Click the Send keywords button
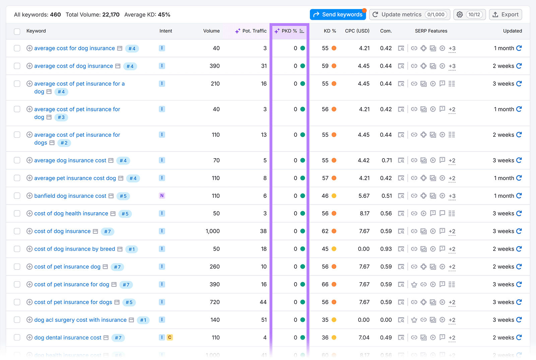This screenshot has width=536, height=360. pyautogui.click(x=338, y=14)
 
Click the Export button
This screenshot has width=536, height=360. pyautogui.click(x=506, y=14)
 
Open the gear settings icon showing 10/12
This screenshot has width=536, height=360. pyautogui.click(x=469, y=14)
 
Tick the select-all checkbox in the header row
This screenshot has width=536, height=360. pyautogui.click(x=17, y=31)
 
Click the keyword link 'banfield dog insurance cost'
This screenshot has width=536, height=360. pyautogui.click(x=70, y=196)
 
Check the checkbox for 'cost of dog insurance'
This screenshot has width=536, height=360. pyautogui.click(x=17, y=231)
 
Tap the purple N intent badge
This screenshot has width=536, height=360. pyautogui.click(x=162, y=196)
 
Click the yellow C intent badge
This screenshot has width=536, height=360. pyautogui.click(x=170, y=338)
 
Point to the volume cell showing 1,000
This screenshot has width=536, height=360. pyautogui.click(x=212, y=231)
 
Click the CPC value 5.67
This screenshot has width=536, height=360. pyautogui.click(x=364, y=196)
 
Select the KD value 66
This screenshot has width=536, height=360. pyautogui.click(x=325, y=284)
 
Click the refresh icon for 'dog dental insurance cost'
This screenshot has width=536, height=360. pyautogui.click(x=519, y=338)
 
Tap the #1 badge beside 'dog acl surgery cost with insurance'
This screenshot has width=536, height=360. pyautogui.click(x=143, y=320)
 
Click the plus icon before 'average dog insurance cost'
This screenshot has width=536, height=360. pyautogui.click(x=29, y=160)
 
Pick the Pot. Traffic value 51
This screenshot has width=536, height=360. pyautogui.click(x=264, y=320)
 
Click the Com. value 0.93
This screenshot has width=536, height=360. pyautogui.click(x=386, y=249)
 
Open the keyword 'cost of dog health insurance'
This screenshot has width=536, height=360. pyautogui.click(x=71, y=214)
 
